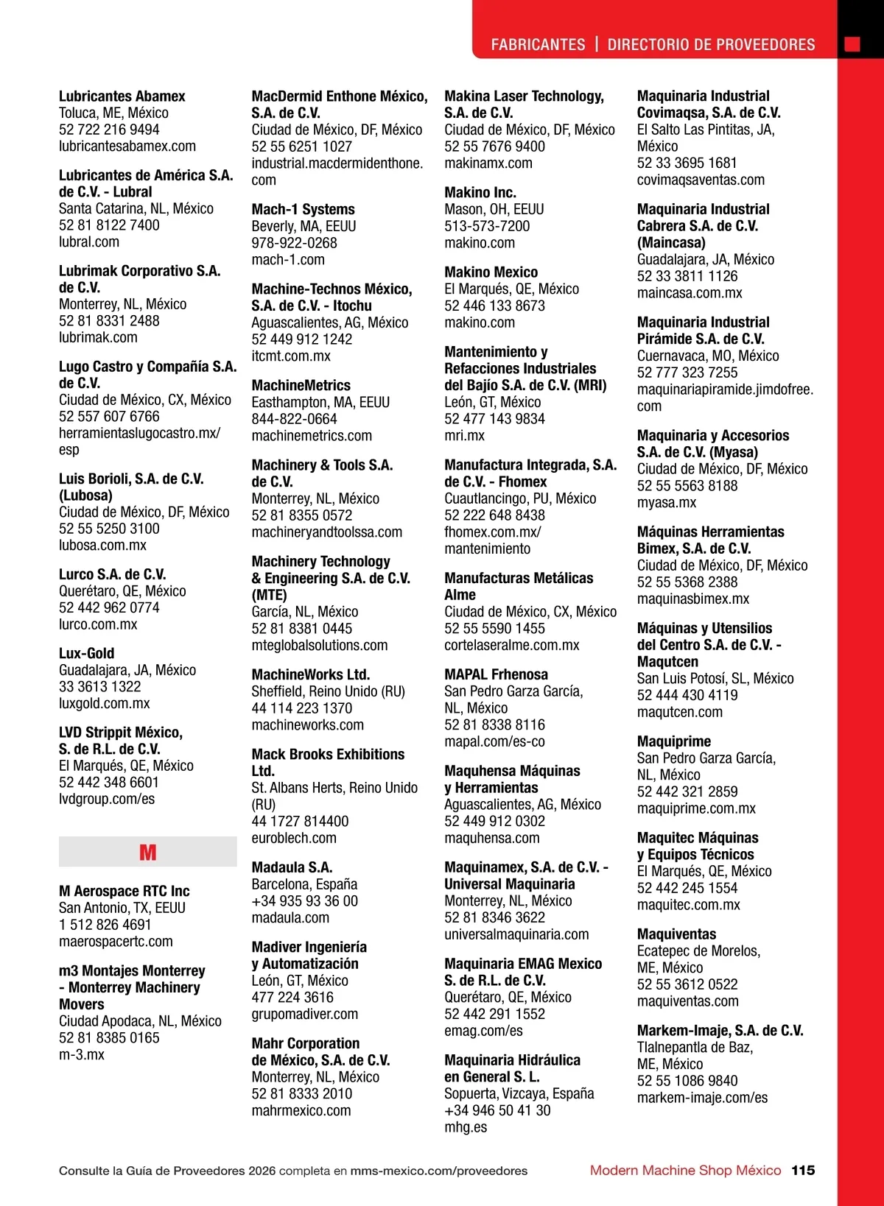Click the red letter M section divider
(147, 852)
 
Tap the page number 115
(803, 1170)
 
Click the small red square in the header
(852, 44)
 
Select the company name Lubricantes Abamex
(122, 96)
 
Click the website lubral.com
(89, 242)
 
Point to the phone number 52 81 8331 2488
(109, 321)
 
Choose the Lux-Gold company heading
(86, 653)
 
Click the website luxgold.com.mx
(104, 703)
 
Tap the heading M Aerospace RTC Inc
(124, 891)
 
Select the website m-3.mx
(82, 1054)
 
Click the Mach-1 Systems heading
(303, 210)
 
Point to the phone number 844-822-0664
(294, 419)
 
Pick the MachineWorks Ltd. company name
(310, 674)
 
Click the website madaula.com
(290, 917)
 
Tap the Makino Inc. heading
(480, 193)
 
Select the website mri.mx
(464, 435)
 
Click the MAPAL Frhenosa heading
(496, 674)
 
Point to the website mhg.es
(466, 1126)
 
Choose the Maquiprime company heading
(673, 741)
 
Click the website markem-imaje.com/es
(702, 1098)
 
